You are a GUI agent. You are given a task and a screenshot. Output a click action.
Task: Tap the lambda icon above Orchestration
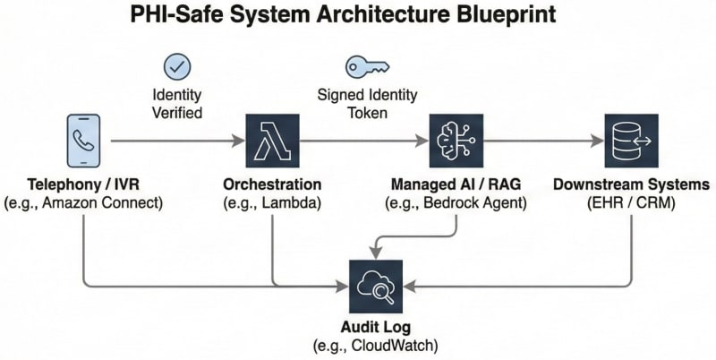271,141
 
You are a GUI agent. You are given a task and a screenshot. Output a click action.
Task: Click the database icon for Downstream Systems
631,141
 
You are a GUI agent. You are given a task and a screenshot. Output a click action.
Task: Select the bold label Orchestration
272,185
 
